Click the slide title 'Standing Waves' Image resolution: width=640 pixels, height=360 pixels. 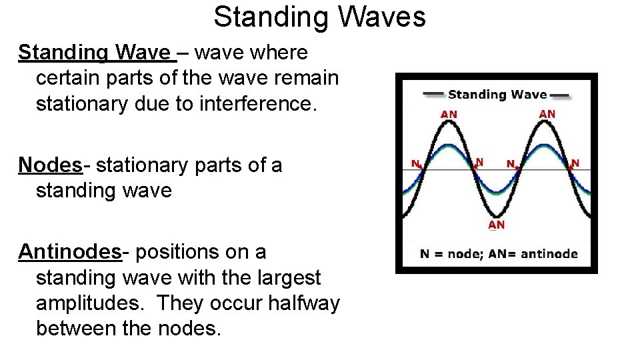[319, 17]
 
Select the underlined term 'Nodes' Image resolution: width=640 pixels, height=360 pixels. [49, 165]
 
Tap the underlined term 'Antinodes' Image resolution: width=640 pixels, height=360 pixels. [69, 252]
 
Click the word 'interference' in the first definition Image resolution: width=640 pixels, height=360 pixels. [258, 104]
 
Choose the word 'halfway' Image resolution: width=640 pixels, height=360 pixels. [303, 303]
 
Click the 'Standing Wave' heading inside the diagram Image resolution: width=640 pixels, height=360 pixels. [497, 95]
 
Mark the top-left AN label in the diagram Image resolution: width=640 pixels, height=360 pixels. [449, 114]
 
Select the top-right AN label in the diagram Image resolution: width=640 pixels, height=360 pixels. [547, 114]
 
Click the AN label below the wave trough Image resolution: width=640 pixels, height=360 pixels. [497, 225]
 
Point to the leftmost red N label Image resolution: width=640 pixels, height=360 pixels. [415, 163]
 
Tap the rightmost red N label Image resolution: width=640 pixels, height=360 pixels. [575, 163]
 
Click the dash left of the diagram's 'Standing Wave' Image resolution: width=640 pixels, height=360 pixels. [433, 95]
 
